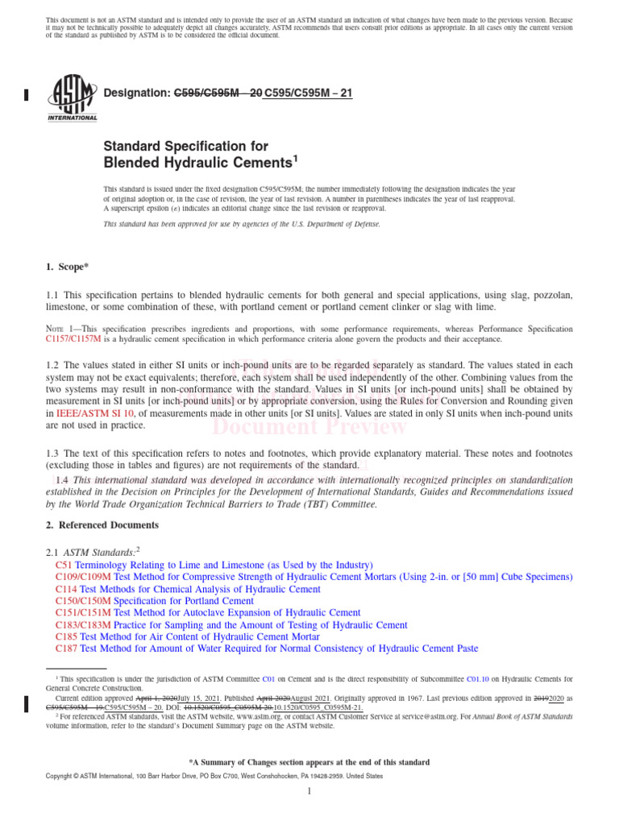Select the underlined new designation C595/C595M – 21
point(303,93)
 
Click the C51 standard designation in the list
point(64,566)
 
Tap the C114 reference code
point(67,590)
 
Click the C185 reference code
point(67,636)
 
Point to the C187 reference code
point(67,649)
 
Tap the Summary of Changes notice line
point(309,762)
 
